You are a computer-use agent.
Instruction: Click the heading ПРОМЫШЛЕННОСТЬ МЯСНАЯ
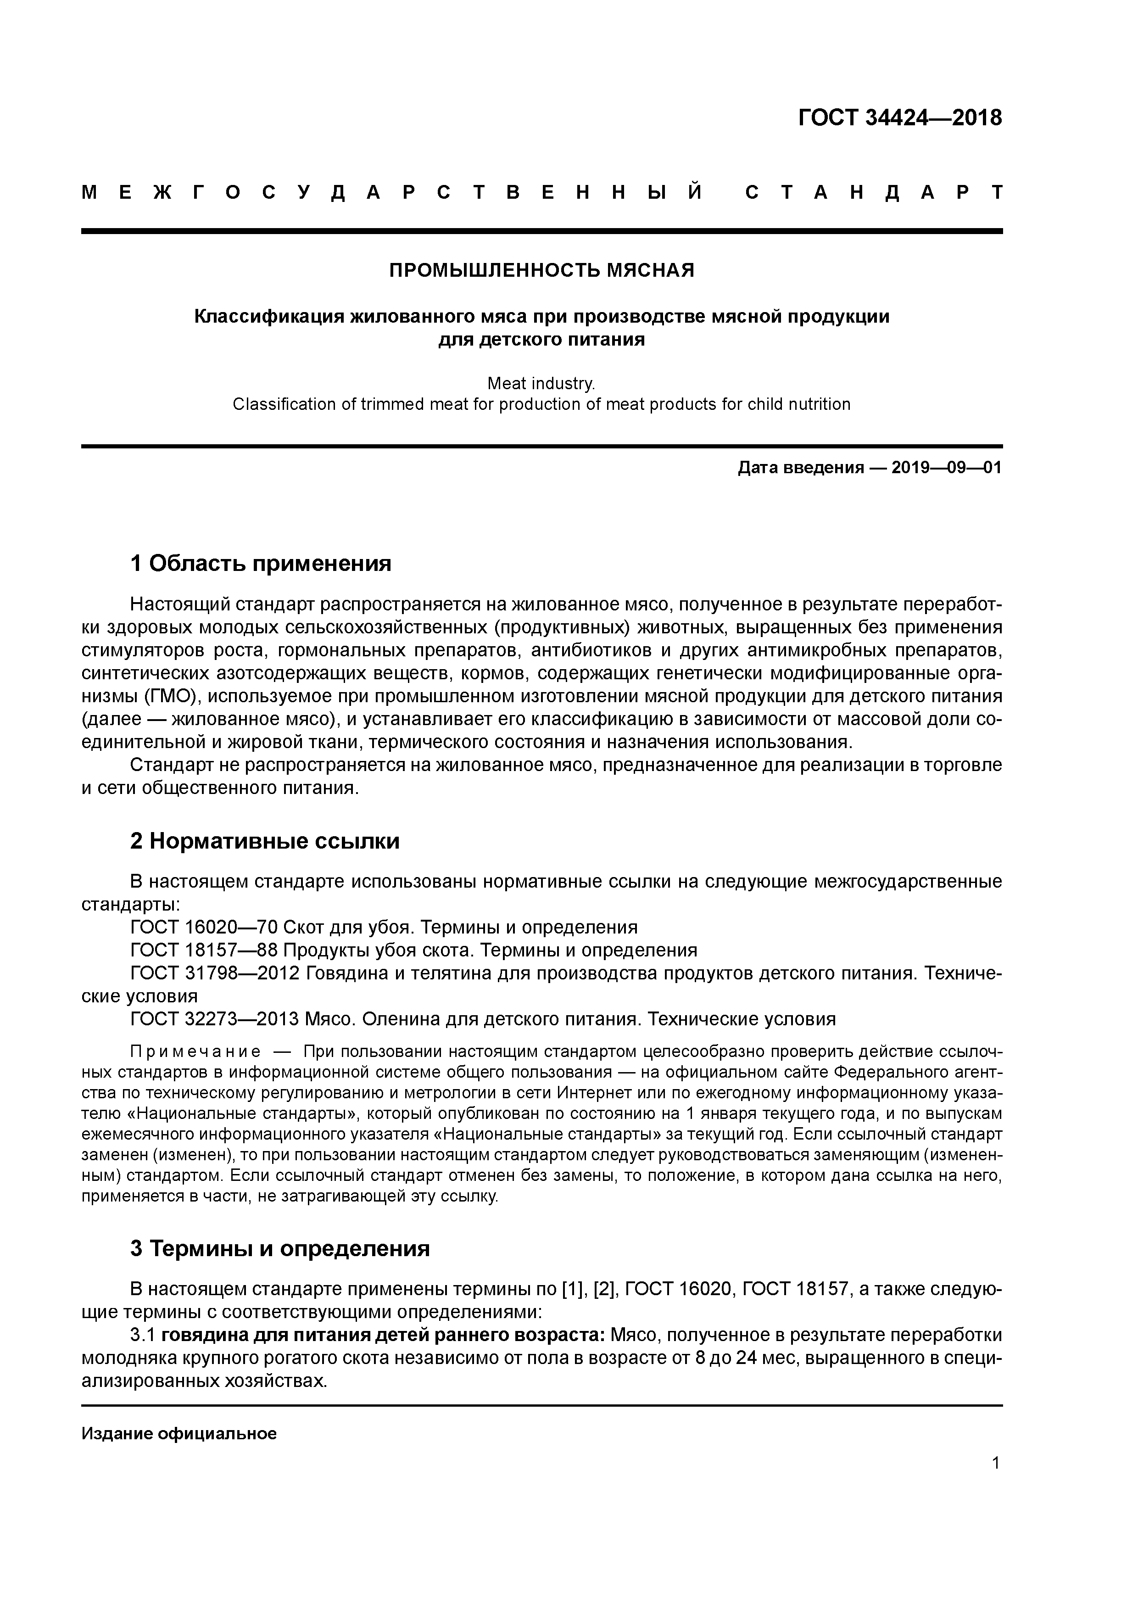pyautogui.click(x=541, y=270)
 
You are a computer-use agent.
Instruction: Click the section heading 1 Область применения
pyautogui.click(x=260, y=563)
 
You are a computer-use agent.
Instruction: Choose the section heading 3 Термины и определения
pyautogui.click(x=280, y=1248)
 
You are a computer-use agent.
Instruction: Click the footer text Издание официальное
pyautogui.click(x=179, y=1434)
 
